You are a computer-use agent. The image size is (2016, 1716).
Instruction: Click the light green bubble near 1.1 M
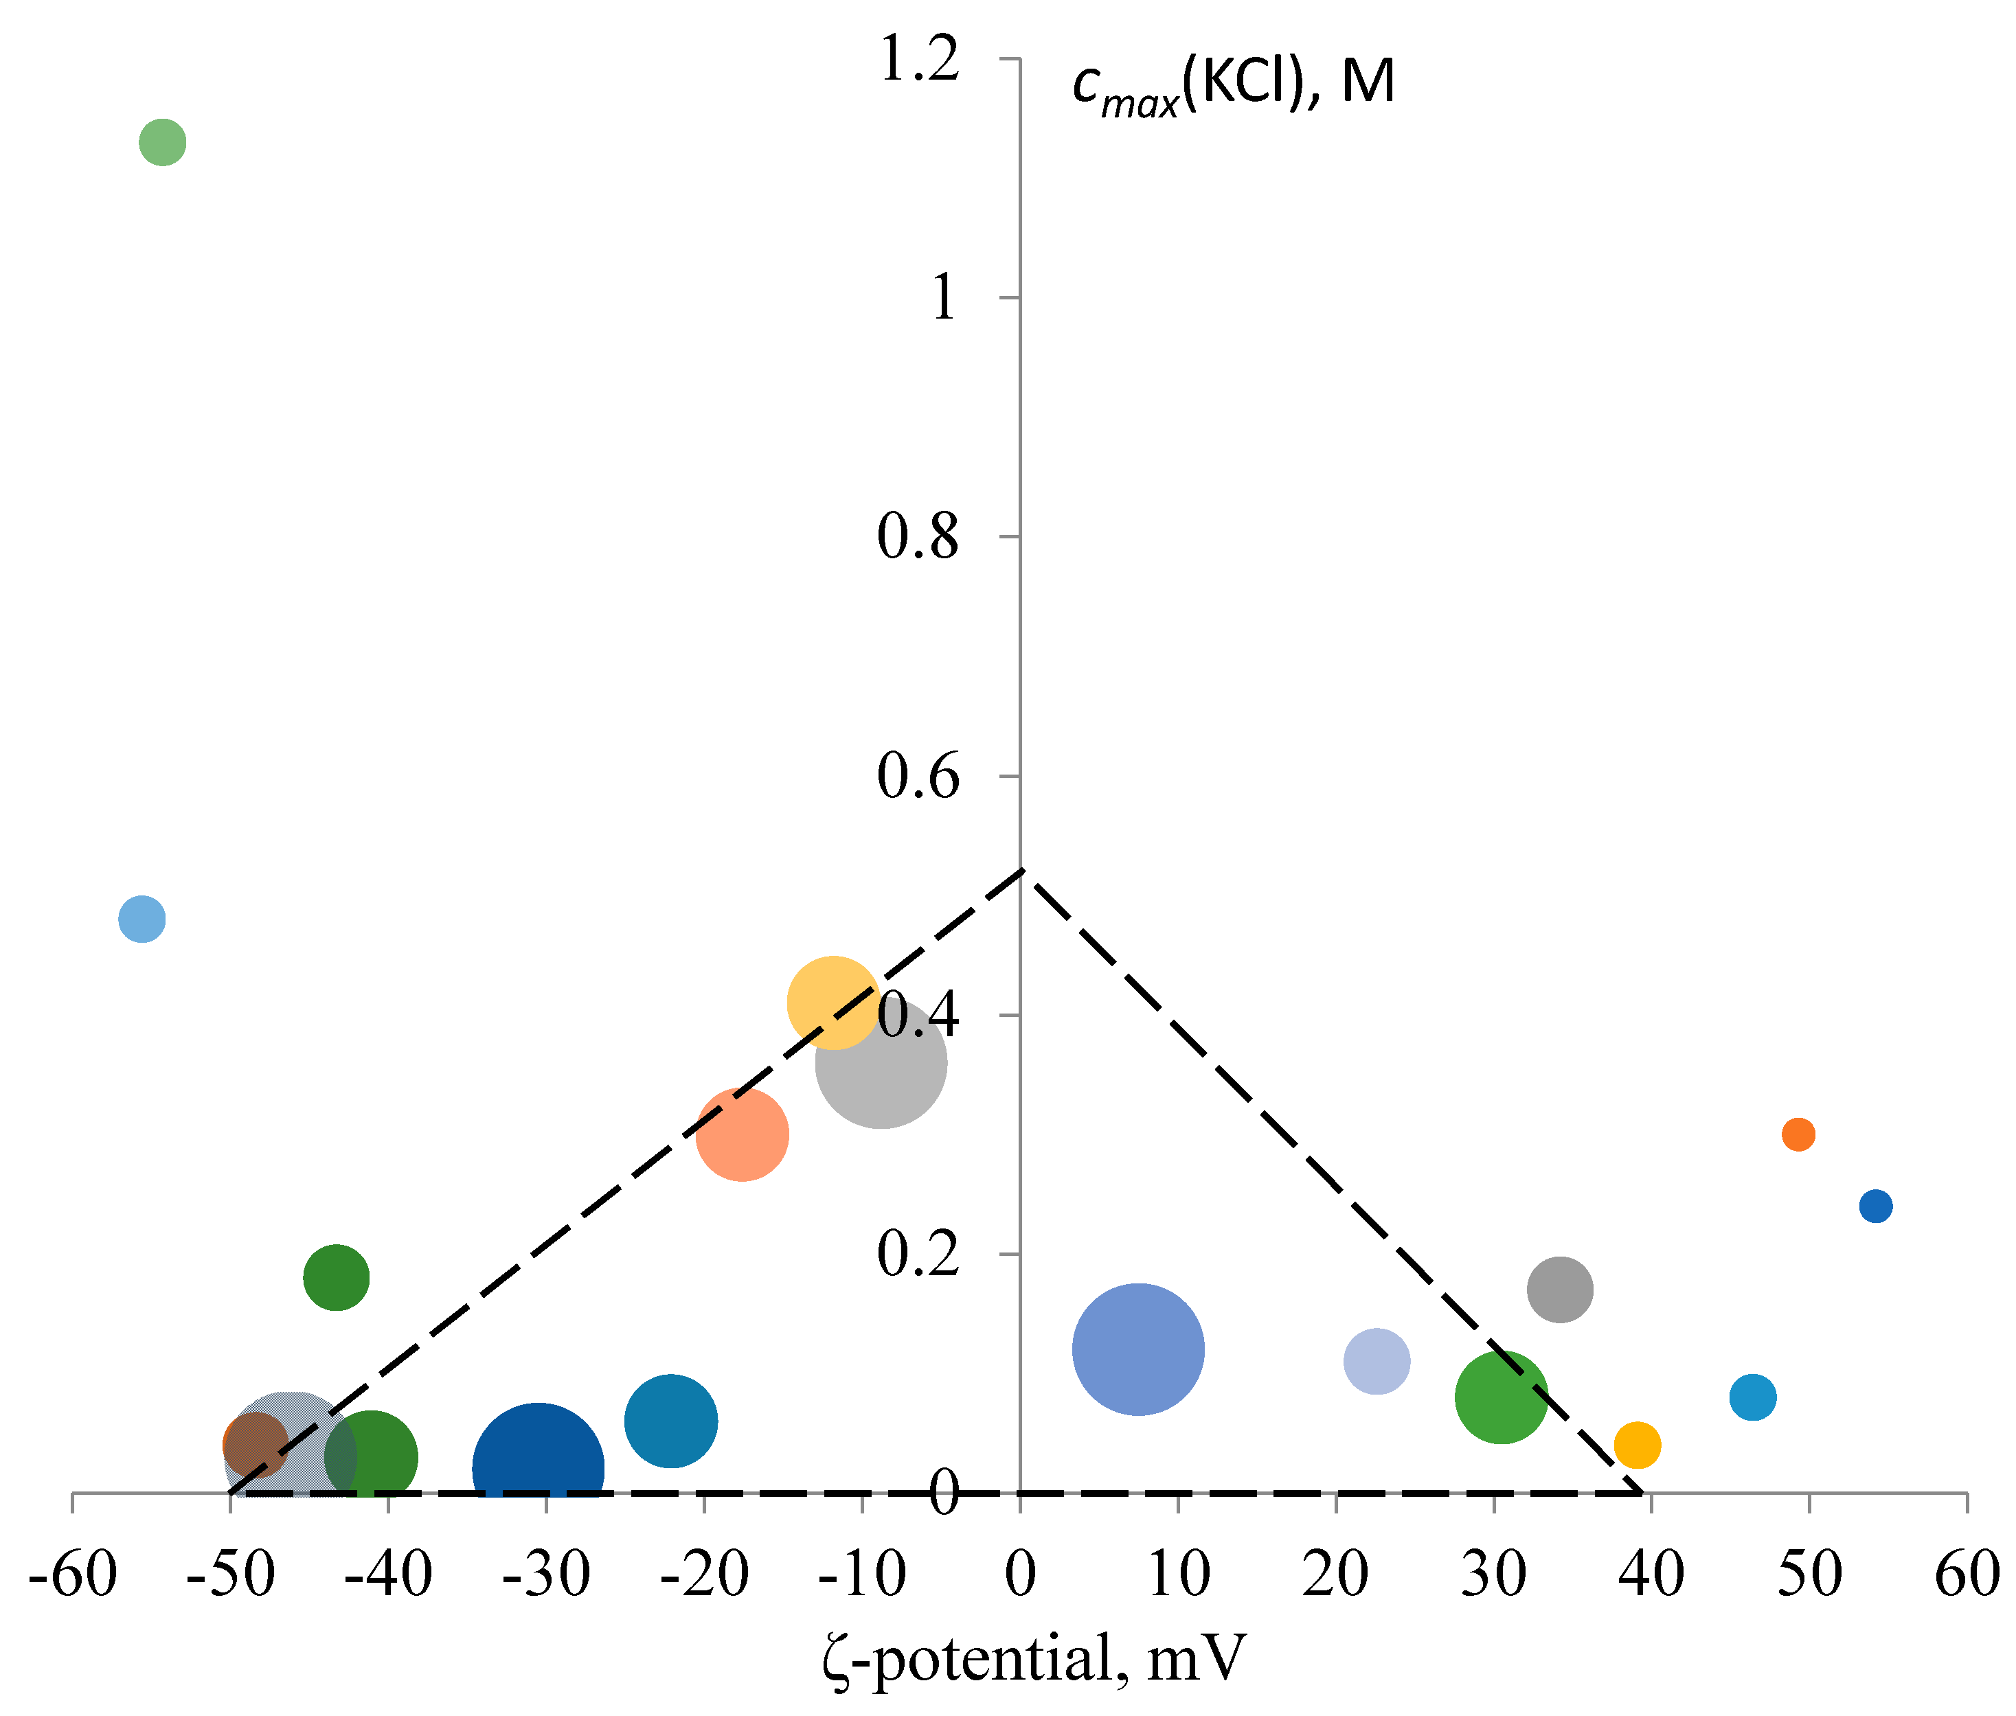tap(163, 143)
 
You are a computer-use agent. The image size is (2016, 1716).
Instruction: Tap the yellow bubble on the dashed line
tap(833, 1003)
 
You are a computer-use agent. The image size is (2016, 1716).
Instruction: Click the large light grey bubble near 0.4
tap(881, 1063)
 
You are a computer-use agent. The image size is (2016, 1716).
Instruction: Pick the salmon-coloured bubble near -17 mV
tap(743, 1134)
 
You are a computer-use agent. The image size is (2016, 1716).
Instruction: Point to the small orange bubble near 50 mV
tap(1798, 1134)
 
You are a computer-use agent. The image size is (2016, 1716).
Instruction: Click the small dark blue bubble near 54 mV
tap(1876, 1206)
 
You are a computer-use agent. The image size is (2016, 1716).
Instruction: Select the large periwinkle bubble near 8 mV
tap(1138, 1349)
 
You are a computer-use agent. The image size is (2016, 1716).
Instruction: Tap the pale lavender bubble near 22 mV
tap(1377, 1361)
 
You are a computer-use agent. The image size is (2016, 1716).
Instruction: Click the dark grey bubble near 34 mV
tap(1560, 1289)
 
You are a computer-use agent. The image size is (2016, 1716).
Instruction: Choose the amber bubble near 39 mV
tap(1638, 1445)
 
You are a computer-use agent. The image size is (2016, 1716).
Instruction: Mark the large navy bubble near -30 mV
tap(538, 1468)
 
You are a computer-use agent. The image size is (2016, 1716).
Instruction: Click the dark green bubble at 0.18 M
tap(336, 1277)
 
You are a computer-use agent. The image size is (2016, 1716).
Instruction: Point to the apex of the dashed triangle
tap(1021, 871)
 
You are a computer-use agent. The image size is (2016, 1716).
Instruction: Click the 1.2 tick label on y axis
tap(918, 60)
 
